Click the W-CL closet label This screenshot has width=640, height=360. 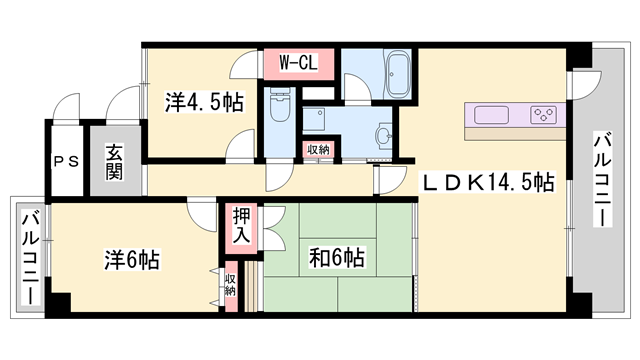click(298, 63)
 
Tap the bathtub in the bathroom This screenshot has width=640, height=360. click(398, 75)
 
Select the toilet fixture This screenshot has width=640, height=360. click(280, 105)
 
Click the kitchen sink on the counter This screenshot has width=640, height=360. click(491, 115)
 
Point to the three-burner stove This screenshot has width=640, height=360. click(543, 115)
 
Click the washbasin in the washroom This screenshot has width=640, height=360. click(384, 133)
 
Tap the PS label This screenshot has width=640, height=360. click(67, 162)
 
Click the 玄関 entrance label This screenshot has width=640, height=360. click(114, 162)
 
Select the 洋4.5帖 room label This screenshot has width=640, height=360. click(204, 102)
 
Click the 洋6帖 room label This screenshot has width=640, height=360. click(132, 260)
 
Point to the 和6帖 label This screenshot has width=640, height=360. click(337, 258)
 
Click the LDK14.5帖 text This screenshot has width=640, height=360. click(488, 182)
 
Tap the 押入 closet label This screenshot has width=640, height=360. click(241, 226)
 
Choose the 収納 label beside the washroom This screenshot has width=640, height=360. click(318, 150)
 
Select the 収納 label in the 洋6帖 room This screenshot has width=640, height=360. click(230, 284)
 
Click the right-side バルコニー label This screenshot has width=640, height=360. click(603, 179)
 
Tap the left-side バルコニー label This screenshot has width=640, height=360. click(30, 258)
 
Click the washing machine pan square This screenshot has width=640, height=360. click(314, 119)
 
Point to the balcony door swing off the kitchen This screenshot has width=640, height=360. click(587, 85)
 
